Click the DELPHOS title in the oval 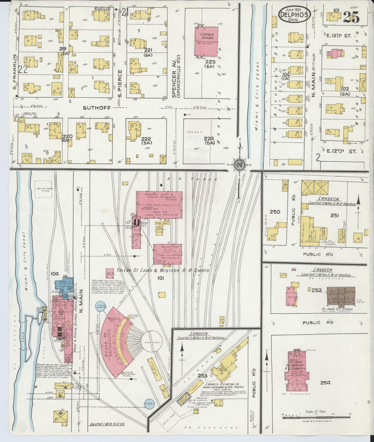tap(295, 15)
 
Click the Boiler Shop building tap(168, 254)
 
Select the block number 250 tap(275, 212)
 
